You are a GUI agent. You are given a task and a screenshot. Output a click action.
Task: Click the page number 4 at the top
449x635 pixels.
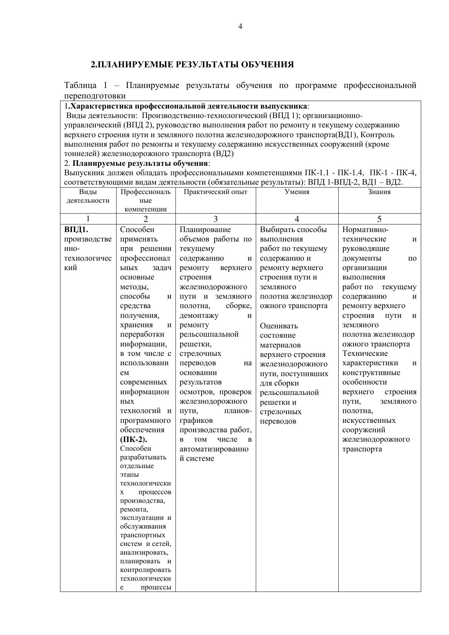pos(240,26)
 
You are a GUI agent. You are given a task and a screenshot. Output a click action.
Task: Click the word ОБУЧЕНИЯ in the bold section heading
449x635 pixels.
pos(267,65)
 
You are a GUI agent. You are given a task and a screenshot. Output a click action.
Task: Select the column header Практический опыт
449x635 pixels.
pos(216,192)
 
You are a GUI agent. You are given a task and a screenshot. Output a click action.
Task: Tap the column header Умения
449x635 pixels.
pos(297,192)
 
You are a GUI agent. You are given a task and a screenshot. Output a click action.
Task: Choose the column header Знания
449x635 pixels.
pos(379,192)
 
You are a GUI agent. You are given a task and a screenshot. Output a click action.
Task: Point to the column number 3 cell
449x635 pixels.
pos(216,219)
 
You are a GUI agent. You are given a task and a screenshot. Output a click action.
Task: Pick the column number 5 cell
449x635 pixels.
pos(379,219)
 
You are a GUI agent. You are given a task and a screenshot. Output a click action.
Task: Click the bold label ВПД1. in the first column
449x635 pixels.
pos(76,230)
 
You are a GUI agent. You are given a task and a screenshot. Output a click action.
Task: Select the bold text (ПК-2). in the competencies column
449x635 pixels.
pos(134,440)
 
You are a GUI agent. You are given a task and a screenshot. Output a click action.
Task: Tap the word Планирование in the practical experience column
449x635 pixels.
pos(205,230)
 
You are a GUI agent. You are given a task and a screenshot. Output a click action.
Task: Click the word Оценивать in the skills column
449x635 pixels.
pos(279,326)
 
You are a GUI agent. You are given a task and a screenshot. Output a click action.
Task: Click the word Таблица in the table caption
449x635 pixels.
pos(80,85)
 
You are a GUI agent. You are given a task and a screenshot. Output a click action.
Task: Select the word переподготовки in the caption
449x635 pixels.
pos(95,96)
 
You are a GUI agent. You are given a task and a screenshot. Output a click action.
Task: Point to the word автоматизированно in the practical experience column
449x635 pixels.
pos(214,449)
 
